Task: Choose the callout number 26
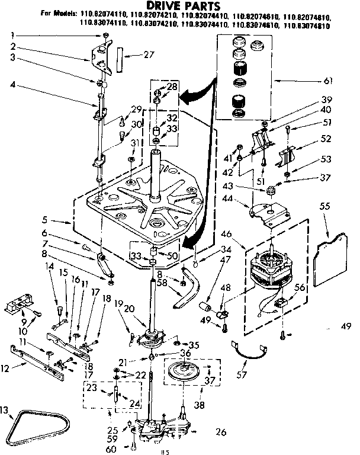[220, 432]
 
